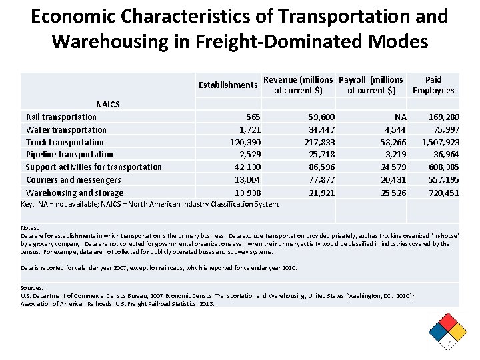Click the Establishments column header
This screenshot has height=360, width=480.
pos(228,85)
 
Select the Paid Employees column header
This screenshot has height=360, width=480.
pos(433,85)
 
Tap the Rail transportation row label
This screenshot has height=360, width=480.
pos(61,117)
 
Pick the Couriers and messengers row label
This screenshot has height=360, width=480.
pos(73,180)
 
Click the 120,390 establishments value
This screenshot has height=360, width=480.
pos(245,142)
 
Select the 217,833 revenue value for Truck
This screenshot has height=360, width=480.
pos(319,142)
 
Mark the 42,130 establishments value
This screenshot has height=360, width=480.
pos(247,167)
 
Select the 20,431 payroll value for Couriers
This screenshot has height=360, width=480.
pos(389,180)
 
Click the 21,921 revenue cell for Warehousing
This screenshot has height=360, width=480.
pos(321,193)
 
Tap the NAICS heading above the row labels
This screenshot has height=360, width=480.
pos(108,105)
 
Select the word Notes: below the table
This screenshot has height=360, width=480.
pos(29,228)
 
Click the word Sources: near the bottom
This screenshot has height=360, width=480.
pos(33,288)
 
